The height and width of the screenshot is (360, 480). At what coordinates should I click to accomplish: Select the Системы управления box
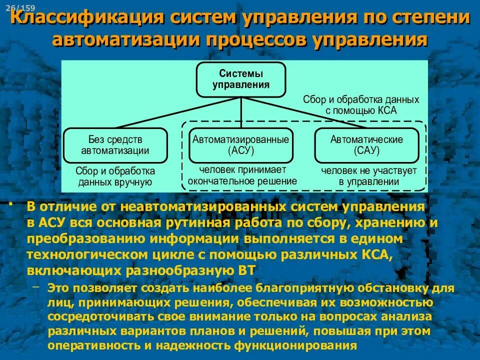pos(241,79)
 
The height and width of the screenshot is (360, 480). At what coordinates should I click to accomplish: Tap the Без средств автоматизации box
pos(115,145)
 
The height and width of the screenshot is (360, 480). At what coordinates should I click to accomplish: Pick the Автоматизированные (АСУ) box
pos(241,145)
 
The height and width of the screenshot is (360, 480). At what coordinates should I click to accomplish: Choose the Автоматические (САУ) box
pos(366,145)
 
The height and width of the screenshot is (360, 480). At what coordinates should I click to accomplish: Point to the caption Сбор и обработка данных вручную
pos(115,176)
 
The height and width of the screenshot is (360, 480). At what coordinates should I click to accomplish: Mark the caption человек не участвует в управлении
pos(369,176)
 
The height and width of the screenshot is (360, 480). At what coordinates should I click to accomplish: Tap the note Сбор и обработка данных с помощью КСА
pos(361,105)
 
